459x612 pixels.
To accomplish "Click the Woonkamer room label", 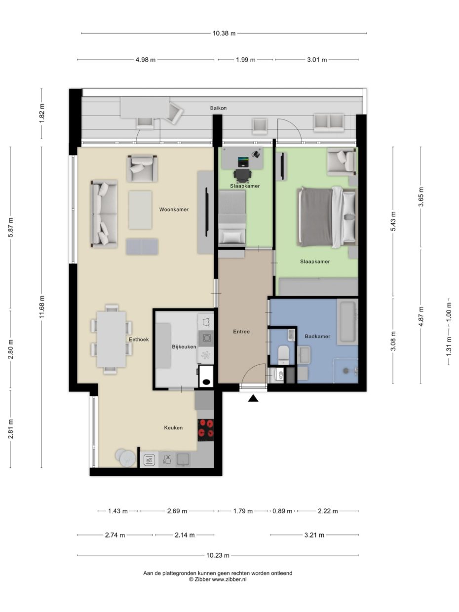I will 174,210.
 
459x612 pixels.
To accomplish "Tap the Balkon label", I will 218,108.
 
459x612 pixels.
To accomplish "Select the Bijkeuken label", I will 184,346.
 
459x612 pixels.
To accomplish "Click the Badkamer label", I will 317,336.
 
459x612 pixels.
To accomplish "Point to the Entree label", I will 241,332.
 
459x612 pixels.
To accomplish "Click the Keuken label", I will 173,427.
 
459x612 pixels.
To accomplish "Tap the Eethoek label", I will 139,340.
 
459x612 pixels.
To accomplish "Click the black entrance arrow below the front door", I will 253,398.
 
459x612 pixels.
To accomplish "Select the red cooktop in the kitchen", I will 206,429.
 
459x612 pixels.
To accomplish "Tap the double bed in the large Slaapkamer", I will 327,217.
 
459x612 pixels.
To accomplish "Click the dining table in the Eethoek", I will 111,338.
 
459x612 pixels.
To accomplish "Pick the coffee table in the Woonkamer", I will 140,210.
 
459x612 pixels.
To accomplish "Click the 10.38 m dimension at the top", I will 224,34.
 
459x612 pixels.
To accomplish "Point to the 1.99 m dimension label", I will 245,60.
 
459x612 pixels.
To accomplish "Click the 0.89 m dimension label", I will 282,511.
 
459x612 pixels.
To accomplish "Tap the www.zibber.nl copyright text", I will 218,579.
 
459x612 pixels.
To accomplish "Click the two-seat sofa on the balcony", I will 328,122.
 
